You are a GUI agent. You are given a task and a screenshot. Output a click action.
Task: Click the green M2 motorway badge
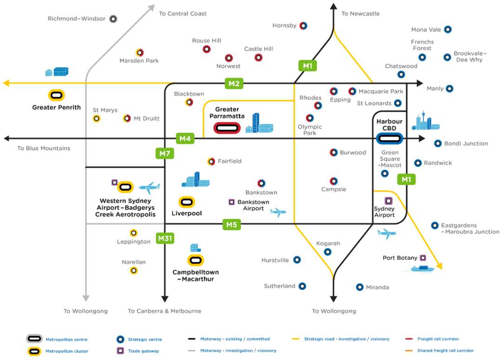point(234,84)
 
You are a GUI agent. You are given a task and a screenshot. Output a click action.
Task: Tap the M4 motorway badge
point(185,138)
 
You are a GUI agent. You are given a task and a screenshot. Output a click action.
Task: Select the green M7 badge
point(165,154)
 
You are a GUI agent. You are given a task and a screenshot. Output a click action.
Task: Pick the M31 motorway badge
point(165,238)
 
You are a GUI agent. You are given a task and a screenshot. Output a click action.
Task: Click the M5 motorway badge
point(231,225)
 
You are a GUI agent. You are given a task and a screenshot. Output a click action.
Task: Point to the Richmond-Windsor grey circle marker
point(113,19)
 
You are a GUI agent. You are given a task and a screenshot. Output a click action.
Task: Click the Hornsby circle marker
point(303,26)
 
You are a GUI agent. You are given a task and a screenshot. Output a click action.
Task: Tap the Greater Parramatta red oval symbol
point(227,128)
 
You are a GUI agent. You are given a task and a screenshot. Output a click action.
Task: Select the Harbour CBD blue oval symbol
point(390,139)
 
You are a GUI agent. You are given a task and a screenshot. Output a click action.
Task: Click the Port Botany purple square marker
point(423,258)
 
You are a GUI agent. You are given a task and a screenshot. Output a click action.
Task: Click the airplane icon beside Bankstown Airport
point(278,212)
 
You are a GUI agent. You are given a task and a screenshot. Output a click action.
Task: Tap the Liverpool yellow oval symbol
point(187,202)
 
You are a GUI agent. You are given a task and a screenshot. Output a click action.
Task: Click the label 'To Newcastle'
point(360,14)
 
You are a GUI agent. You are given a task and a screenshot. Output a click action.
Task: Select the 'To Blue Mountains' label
point(44,148)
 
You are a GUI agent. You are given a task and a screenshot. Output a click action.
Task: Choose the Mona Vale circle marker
point(448,30)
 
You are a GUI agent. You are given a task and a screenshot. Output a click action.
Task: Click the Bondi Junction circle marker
point(438,144)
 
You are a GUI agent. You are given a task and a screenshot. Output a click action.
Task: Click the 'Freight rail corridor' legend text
point(438,339)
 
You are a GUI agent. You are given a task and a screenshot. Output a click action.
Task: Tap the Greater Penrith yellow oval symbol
point(56,95)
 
